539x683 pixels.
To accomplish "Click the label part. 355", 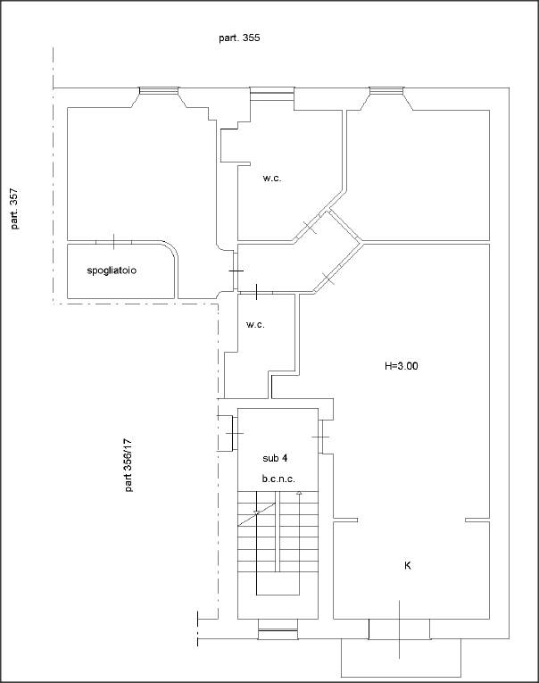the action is pyautogui.click(x=239, y=37).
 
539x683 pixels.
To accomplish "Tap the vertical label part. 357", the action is pyautogui.click(x=14, y=209).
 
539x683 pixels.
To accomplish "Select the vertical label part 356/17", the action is pyautogui.click(x=129, y=465).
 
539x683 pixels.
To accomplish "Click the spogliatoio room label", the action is pyautogui.click(x=112, y=271).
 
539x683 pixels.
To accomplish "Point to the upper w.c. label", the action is pyautogui.click(x=272, y=178).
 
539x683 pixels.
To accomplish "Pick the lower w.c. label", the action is pyautogui.click(x=255, y=324).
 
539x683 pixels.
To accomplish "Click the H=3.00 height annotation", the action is pyautogui.click(x=401, y=366).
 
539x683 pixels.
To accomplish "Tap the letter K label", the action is pyautogui.click(x=408, y=565).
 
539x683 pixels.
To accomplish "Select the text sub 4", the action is pyautogui.click(x=275, y=458).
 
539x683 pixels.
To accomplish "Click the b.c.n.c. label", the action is pyautogui.click(x=278, y=479).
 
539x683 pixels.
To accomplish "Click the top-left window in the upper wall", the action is pyautogui.click(x=159, y=90).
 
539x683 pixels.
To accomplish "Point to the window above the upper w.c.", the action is pyautogui.click(x=271, y=94).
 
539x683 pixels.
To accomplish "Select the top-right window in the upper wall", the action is pyautogui.click(x=386, y=90).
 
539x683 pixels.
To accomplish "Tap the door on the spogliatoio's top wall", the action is pyautogui.click(x=113, y=242).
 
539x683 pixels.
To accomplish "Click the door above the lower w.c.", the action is pyautogui.click(x=256, y=292).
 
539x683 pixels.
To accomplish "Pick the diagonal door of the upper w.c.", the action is pyautogui.click(x=311, y=227).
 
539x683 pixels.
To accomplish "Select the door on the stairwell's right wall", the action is pyautogui.click(x=320, y=437).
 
